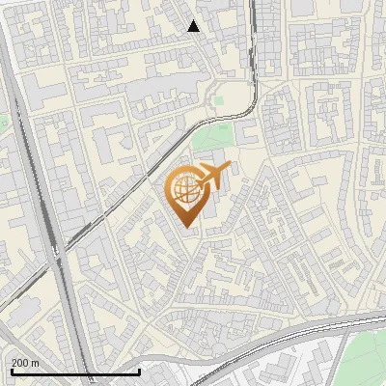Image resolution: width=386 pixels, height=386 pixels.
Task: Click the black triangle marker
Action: (194, 26)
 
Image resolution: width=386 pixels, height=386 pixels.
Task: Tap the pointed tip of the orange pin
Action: (186, 228)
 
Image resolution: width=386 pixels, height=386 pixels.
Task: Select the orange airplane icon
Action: (213, 176)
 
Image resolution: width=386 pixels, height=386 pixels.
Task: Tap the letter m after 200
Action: (35, 363)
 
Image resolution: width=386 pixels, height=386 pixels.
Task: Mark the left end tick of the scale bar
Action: (12, 371)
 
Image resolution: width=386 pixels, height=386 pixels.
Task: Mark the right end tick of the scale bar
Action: (140, 371)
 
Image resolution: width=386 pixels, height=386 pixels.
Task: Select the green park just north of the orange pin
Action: (212, 141)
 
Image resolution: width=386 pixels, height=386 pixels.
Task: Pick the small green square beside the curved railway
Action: (219, 98)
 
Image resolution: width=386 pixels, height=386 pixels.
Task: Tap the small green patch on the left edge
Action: (3, 123)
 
